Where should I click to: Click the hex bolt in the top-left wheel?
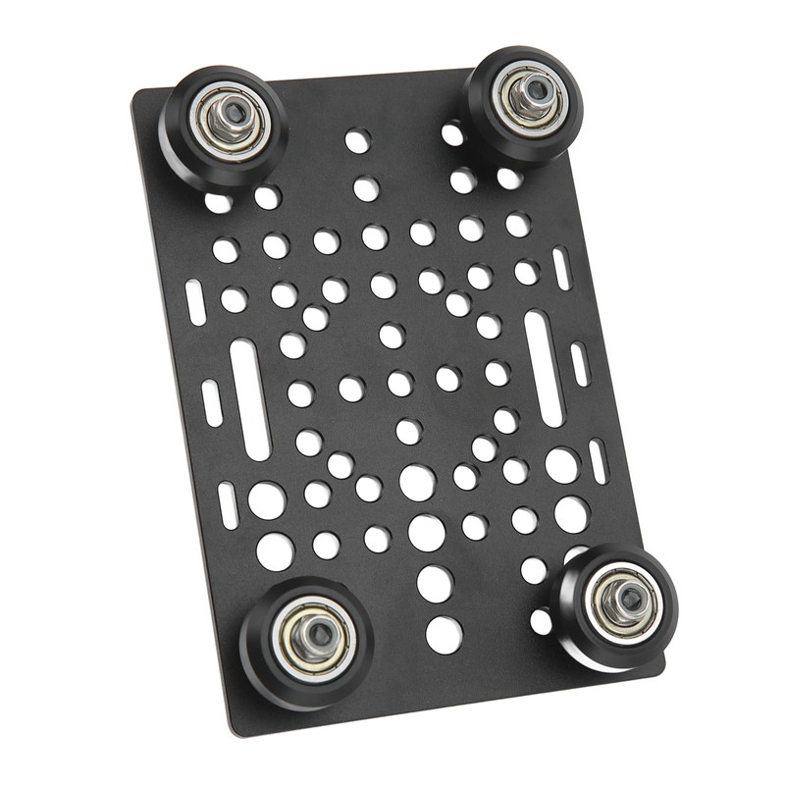click(x=233, y=119)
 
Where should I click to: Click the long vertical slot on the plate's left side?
click(x=249, y=398)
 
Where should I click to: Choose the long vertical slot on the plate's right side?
click(x=544, y=367)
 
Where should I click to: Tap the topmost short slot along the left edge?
click(x=195, y=302)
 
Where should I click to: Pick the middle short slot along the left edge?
click(x=212, y=402)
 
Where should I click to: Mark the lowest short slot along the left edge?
click(x=228, y=504)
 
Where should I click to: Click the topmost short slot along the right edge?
click(x=561, y=268)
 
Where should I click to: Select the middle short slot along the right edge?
click(x=580, y=364)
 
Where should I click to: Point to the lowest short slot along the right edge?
click(x=598, y=460)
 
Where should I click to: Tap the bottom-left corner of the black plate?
click(x=232, y=731)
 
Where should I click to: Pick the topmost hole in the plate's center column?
click(x=357, y=141)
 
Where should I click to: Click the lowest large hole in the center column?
click(x=444, y=635)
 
